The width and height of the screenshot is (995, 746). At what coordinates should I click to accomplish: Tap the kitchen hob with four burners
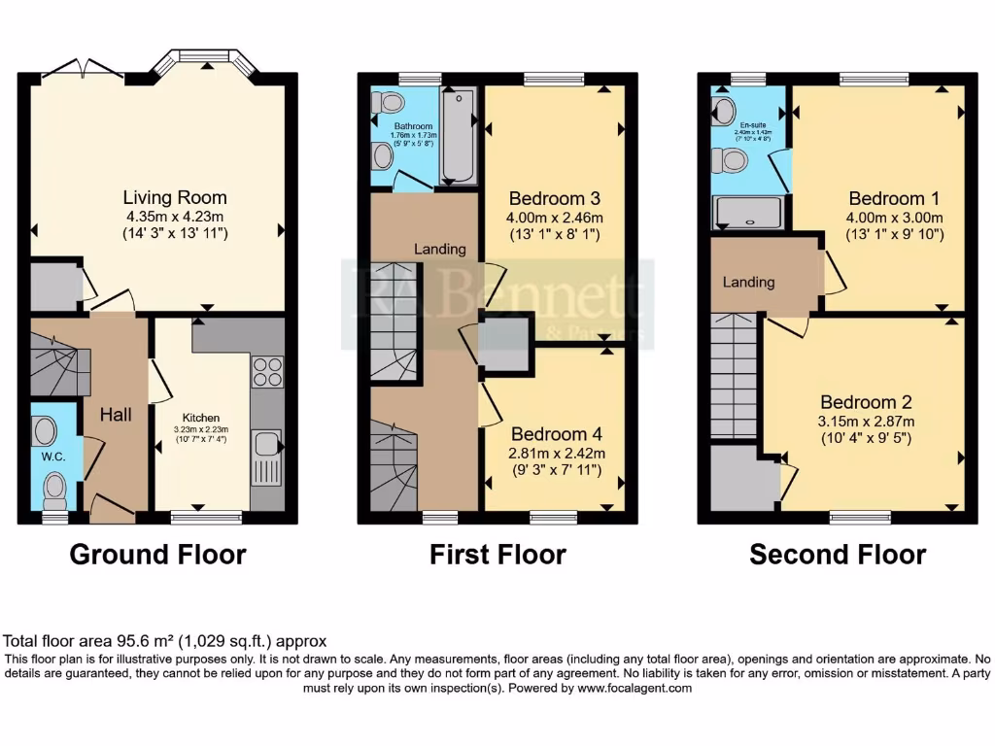pyautogui.click(x=267, y=373)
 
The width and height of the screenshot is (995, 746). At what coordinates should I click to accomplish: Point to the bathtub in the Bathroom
pyautogui.click(x=457, y=135)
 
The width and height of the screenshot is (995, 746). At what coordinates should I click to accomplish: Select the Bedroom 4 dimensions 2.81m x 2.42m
pyautogui.click(x=558, y=453)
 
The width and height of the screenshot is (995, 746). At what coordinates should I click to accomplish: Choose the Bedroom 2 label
pyautogui.click(x=866, y=402)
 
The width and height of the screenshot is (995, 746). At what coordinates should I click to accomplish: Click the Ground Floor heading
pyautogui.click(x=157, y=555)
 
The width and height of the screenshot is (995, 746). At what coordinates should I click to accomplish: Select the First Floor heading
pyautogui.click(x=497, y=555)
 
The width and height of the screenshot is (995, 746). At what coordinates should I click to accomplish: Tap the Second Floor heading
pyautogui.click(x=838, y=555)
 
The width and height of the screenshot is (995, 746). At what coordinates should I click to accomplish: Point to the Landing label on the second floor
pyautogui.click(x=748, y=282)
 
